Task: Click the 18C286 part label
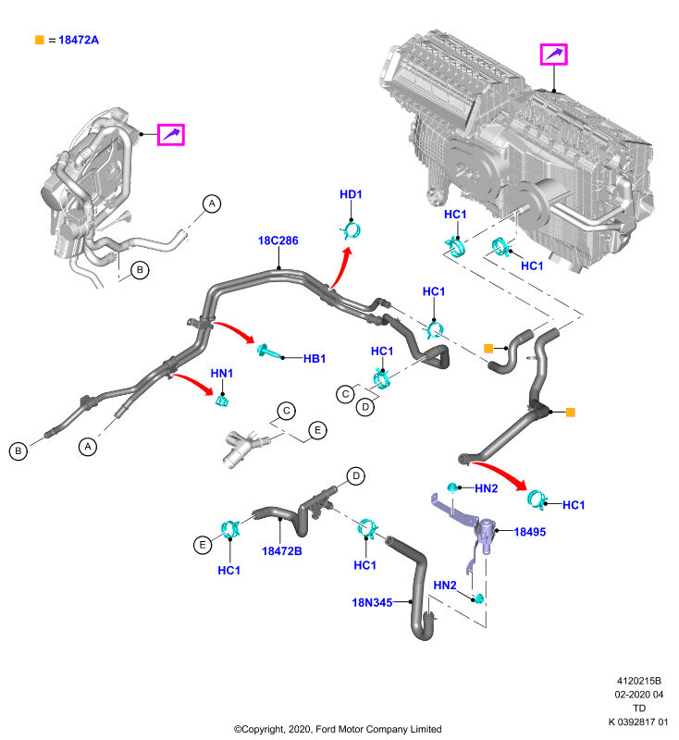click(x=278, y=240)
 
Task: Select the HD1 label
click(x=351, y=194)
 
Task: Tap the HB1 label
click(x=315, y=359)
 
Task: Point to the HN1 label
click(x=221, y=374)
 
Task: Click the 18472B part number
click(x=282, y=551)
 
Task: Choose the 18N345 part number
click(x=372, y=603)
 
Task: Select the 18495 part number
click(x=529, y=532)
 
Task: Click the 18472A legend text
click(x=79, y=40)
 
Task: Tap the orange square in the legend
click(x=40, y=40)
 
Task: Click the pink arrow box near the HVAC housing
click(x=553, y=55)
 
